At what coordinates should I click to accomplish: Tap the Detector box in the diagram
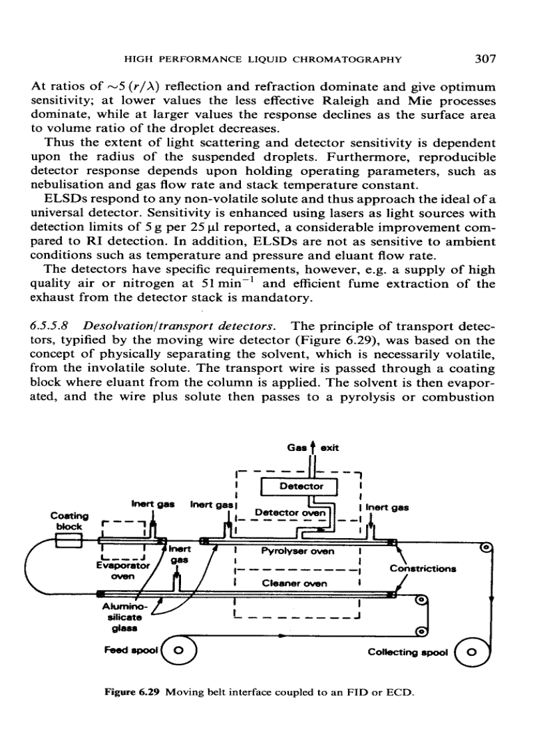[301, 487]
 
